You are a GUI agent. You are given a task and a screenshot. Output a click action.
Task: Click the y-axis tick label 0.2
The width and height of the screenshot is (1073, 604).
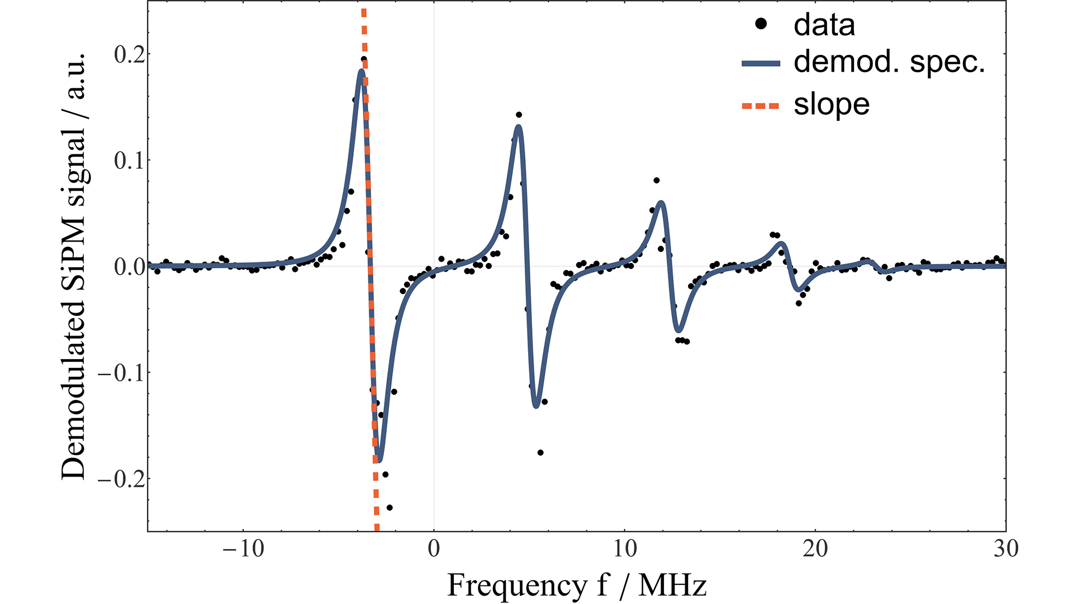pyautogui.click(x=129, y=55)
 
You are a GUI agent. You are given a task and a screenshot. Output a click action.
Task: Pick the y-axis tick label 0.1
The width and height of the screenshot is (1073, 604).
pyautogui.click(x=129, y=161)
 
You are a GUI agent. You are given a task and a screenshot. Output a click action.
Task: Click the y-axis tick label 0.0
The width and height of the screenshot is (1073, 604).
pyautogui.click(x=129, y=267)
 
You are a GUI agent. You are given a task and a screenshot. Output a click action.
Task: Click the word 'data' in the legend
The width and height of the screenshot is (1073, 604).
pyautogui.click(x=824, y=26)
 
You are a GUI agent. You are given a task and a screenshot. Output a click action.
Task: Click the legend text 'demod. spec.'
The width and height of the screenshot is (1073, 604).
pyautogui.click(x=889, y=63)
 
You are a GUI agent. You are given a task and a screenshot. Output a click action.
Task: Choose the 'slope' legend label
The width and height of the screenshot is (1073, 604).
pyautogui.click(x=831, y=105)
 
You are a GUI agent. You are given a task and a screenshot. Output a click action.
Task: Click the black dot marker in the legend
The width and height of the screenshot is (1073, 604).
pyautogui.click(x=761, y=24)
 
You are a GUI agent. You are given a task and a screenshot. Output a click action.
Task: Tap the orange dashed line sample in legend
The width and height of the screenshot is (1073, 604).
pyautogui.click(x=761, y=106)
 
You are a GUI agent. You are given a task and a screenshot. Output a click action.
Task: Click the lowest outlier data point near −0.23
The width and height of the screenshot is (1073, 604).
pyautogui.click(x=390, y=508)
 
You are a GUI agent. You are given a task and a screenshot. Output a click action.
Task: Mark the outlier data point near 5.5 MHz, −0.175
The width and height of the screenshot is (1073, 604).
pyautogui.click(x=540, y=452)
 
